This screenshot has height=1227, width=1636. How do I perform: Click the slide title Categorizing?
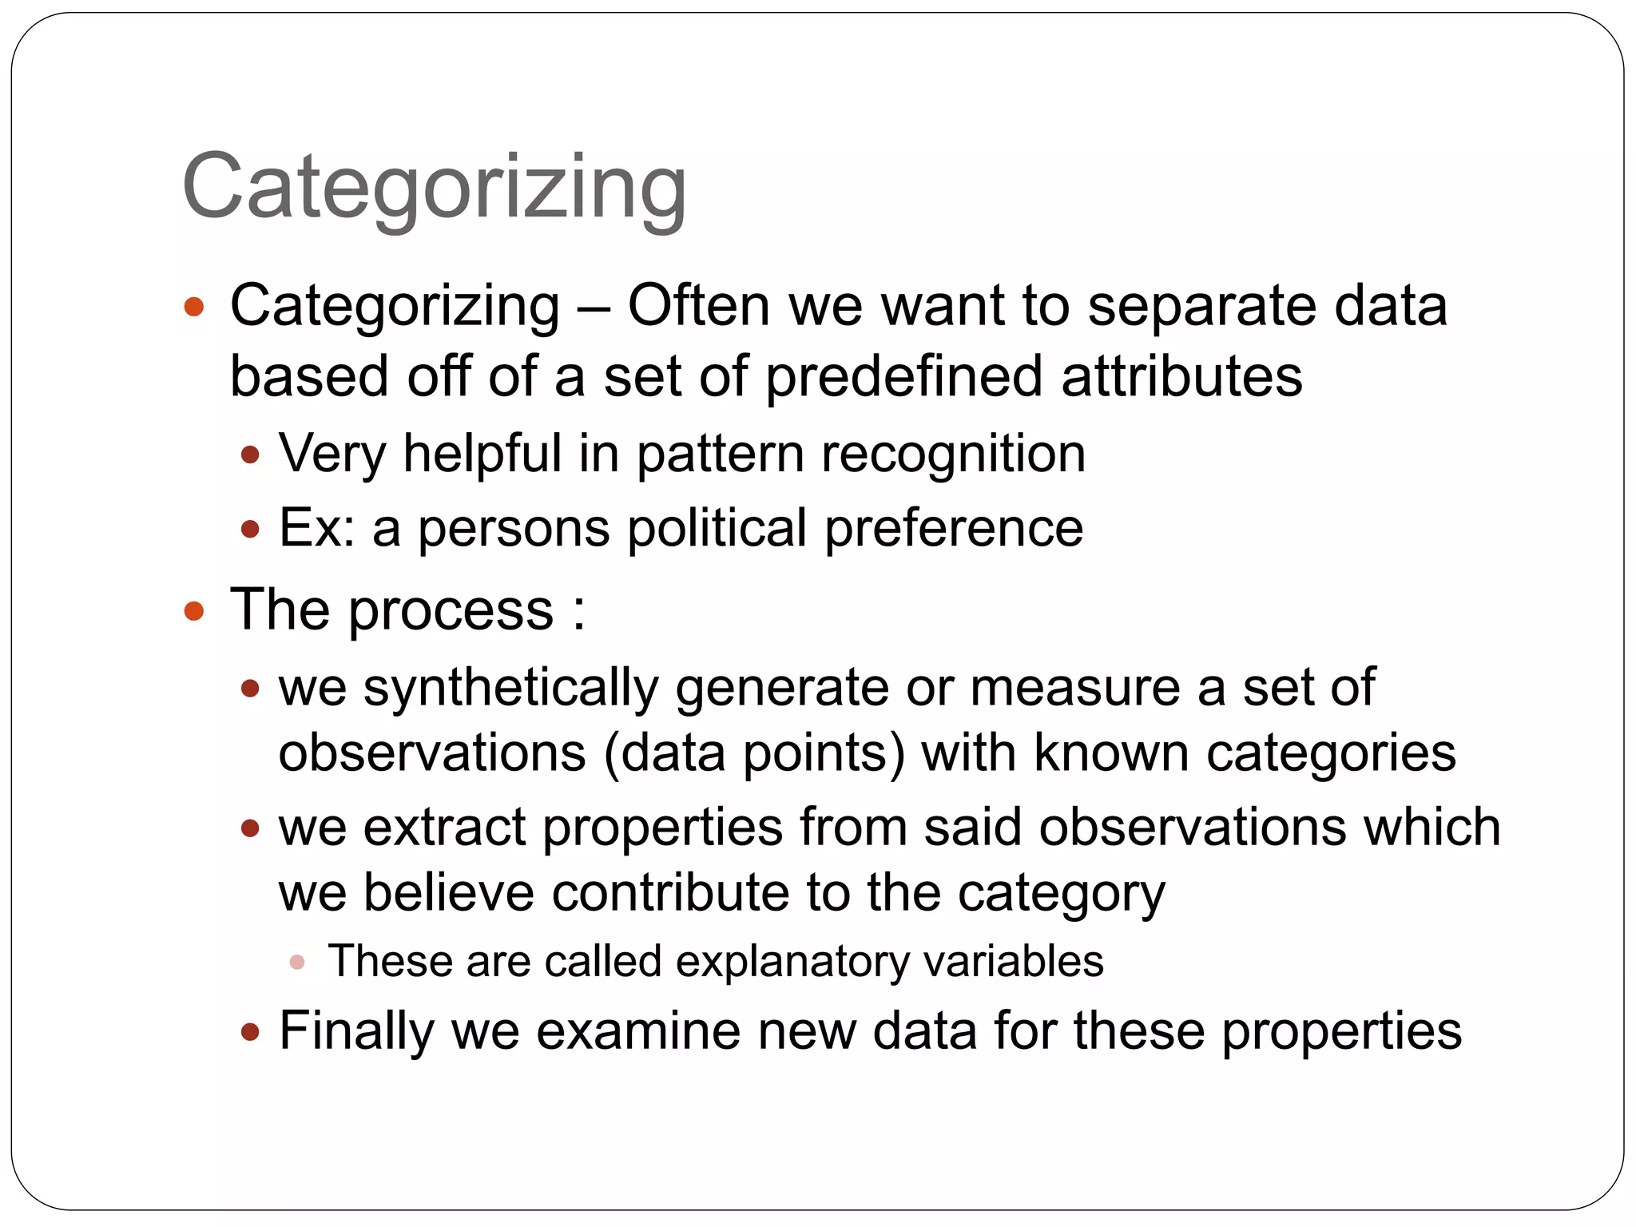click(434, 188)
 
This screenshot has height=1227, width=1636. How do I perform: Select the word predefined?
click(903, 377)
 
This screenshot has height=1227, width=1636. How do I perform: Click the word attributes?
click(1181, 377)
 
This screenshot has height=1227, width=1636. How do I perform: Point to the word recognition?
click(953, 454)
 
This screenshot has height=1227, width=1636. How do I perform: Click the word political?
click(716, 528)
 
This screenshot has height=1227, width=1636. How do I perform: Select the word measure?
click(1074, 688)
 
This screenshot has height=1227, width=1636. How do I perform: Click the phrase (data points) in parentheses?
click(754, 753)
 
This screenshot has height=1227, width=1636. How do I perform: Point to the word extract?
click(444, 827)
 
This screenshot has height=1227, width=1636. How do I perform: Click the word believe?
click(448, 892)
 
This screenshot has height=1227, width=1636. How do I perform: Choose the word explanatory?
click(792, 961)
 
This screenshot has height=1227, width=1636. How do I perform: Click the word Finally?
click(356, 1030)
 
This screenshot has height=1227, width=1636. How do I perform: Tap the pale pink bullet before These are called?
click(297, 962)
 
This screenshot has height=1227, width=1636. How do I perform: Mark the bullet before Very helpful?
click(250, 455)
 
